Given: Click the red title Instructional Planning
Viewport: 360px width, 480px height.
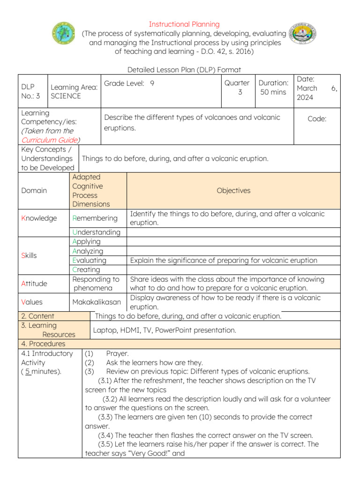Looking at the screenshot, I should pyautogui.click(x=184, y=24).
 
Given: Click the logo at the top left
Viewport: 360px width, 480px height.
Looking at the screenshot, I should pyautogui.click(x=63, y=34).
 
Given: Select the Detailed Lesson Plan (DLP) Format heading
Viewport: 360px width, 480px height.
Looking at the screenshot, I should pyautogui.click(x=184, y=70).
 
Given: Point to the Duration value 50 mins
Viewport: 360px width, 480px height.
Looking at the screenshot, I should pyautogui.click(x=273, y=92).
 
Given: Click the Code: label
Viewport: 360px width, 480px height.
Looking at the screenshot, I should pyautogui.click(x=317, y=119).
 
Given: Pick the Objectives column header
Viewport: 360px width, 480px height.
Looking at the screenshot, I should pyautogui.click(x=233, y=191).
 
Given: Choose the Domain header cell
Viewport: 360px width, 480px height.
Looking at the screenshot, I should pyautogui.click(x=34, y=191).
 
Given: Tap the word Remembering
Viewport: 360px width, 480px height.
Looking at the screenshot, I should pyautogui.click(x=95, y=218).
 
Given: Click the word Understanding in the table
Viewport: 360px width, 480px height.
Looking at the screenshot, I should pyautogui.click(x=96, y=232).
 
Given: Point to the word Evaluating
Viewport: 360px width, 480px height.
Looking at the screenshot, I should pyautogui.click(x=89, y=260).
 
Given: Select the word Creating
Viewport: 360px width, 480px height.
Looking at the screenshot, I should pyautogui.click(x=86, y=270).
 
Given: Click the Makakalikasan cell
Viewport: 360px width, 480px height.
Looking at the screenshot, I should pyautogui.click(x=96, y=302).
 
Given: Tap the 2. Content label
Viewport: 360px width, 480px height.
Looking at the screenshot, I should pyautogui.click(x=38, y=316).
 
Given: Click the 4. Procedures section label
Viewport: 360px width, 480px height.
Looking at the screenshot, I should pyautogui.click(x=44, y=344).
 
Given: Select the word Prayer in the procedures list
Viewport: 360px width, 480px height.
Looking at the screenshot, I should pyautogui.click(x=117, y=353).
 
